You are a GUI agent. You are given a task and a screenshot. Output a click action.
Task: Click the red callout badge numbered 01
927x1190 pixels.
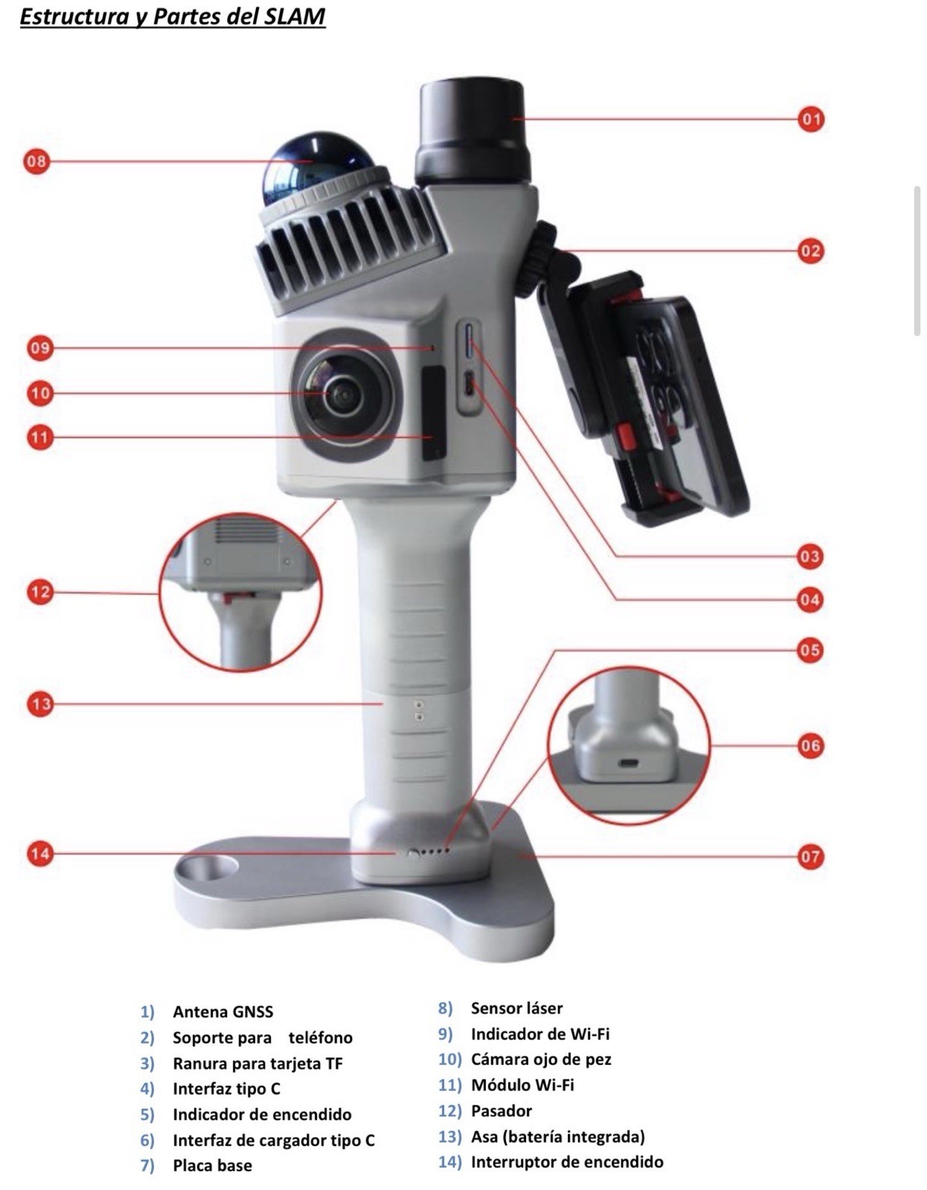point(811,119)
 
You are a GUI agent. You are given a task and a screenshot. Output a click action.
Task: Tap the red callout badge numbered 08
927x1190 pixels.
point(36,161)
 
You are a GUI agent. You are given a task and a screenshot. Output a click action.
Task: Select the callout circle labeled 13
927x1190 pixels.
point(40,704)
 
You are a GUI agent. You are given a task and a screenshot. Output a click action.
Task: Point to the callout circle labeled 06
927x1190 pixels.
point(810,745)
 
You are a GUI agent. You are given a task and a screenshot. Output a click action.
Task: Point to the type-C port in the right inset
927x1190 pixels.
point(629,763)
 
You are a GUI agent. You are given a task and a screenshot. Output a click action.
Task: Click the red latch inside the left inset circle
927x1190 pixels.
point(239,596)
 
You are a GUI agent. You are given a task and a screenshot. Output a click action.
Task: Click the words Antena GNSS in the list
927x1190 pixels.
point(222,1011)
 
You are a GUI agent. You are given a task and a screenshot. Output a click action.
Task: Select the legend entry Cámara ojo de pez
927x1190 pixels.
point(540,1059)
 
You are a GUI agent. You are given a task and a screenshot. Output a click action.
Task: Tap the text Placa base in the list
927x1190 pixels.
point(212,1165)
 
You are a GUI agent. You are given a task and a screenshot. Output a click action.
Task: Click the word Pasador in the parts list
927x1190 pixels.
point(501,1110)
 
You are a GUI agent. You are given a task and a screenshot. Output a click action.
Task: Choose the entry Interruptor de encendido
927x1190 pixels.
point(566,1162)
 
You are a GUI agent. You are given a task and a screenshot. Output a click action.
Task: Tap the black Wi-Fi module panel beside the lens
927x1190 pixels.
point(434,413)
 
